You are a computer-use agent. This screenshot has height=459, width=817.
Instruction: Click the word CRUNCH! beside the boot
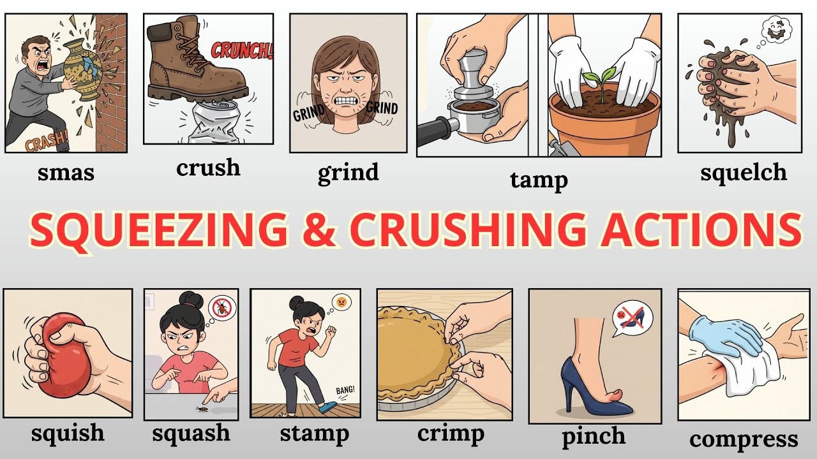242,50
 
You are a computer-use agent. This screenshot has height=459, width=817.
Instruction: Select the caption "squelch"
744,173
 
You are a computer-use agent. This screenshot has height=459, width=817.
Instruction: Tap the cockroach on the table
201,409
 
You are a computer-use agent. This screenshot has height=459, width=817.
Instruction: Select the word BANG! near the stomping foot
345,390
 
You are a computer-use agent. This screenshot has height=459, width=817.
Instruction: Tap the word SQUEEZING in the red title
159,230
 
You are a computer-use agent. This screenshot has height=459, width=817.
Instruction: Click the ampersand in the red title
318,229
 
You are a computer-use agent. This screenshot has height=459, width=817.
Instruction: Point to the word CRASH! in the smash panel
47,142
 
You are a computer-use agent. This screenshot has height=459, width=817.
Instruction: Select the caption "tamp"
539,180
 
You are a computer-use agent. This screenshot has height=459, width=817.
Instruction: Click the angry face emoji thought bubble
341,302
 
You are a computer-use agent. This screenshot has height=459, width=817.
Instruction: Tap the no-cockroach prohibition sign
222,308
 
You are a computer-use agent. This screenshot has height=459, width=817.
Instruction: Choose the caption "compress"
744,440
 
